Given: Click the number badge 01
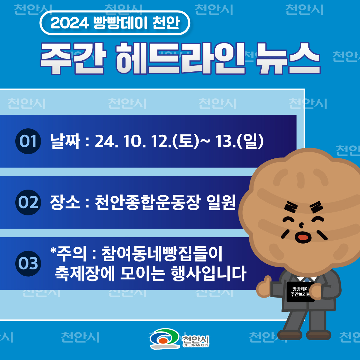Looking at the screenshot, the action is tap(28, 141).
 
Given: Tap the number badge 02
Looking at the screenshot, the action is tap(28, 202).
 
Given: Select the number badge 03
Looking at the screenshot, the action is tap(28, 263).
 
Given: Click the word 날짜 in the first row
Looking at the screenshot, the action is tap(65, 141).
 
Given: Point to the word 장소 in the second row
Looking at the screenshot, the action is tap(65, 202).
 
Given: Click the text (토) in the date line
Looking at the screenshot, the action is tap(185, 141).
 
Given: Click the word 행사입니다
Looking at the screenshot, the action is tap(209, 274).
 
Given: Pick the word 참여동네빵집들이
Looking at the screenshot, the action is tap(162, 254).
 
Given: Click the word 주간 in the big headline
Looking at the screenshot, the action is tap(73, 58).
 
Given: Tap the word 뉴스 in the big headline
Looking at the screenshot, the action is tap(288, 58).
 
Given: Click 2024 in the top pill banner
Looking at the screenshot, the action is tap(69, 23).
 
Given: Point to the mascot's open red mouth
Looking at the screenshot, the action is tap(303, 237).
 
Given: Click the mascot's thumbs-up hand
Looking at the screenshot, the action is tap(264, 287).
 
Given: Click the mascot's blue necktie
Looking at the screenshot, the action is tap(307, 280).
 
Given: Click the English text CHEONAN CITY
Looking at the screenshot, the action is tap(196, 345).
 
